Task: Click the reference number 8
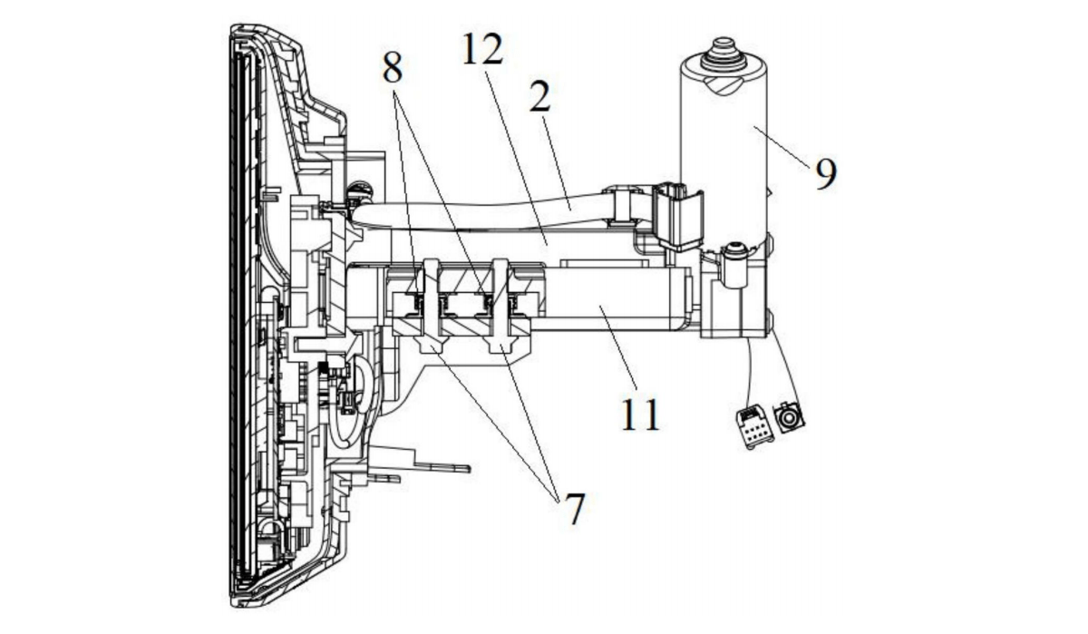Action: [x=393, y=68]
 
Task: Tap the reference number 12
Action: [x=482, y=49]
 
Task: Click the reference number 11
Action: [x=641, y=415]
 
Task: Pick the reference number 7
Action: [x=575, y=508]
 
